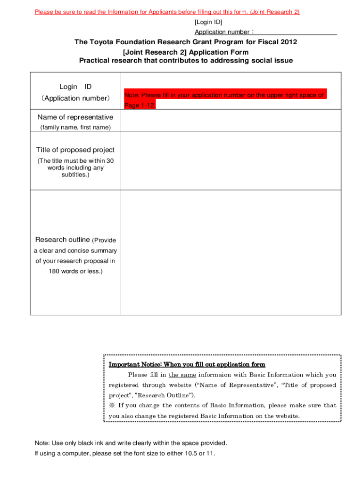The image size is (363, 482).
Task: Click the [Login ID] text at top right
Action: (x=208, y=22)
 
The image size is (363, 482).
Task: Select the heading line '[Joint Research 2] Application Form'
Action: (x=185, y=52)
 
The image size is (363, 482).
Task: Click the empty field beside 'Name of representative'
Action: (x=231, y=120)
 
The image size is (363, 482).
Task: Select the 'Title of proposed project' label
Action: (x=75, y=150)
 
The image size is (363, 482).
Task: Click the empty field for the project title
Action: (x=231, y=160)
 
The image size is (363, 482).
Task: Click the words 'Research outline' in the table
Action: (x=62, y=240)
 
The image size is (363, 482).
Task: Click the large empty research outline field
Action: (x=231, y=252)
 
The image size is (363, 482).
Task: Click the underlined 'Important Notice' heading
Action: (x=187, y=364)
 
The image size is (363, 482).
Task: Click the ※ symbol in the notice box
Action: (x=112, y=405)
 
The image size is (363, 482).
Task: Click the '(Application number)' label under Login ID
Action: (x=75, y=98)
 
